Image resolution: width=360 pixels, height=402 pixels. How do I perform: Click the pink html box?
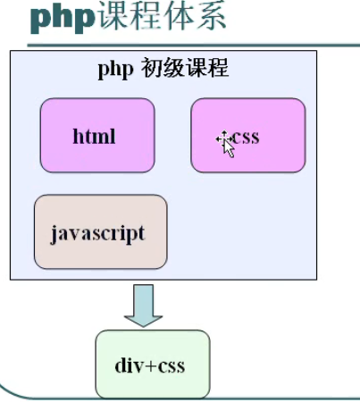(97, 135)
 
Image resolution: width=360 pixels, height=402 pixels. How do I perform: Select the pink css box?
(248, 135)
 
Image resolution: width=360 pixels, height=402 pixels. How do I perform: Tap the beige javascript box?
(101, 231)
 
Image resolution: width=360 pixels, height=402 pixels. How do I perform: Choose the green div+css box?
(153, 364)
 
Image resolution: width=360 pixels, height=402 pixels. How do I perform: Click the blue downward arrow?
(143, 306)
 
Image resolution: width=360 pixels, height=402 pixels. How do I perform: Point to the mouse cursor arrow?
(229, 148)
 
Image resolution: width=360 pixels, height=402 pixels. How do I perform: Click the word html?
(94, 137)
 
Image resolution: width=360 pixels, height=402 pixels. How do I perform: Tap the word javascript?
(98, 234)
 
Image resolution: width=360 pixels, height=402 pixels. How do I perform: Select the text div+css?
(150, 365)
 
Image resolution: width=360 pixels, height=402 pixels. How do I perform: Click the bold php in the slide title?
(63, 18)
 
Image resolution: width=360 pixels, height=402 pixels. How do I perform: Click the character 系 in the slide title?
(210, 15)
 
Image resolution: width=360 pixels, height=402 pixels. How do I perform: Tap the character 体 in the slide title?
(178, 15)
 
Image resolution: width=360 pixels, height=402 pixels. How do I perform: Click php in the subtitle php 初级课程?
(115, 70)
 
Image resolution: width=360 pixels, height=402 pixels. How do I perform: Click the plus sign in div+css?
(151, 366)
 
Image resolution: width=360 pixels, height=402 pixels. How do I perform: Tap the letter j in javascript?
(54, 235)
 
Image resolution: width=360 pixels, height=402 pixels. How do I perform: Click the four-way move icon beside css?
(224, 138)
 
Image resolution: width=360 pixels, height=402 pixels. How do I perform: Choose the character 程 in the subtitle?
(218, 68)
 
